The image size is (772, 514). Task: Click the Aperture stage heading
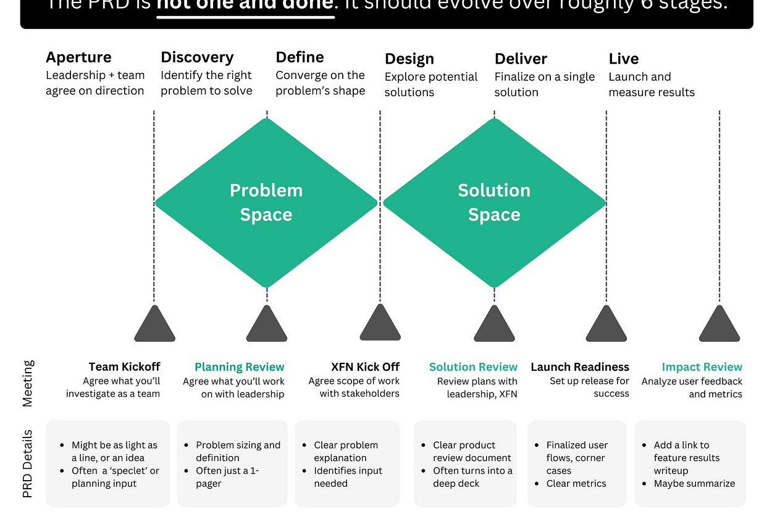78,57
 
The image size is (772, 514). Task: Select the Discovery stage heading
197,57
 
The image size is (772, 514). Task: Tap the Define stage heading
300,57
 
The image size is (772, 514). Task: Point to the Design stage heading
409,59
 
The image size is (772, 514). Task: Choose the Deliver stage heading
521,59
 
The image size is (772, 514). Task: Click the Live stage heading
623,59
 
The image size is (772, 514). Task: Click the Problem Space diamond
266,202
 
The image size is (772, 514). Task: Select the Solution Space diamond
494,202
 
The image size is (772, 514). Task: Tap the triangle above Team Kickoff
154,325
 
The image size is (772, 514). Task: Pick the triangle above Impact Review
720,325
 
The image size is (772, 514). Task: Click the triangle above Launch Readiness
606,325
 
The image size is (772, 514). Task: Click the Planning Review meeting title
239,367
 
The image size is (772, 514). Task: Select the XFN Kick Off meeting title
366,367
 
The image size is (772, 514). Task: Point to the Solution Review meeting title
473,367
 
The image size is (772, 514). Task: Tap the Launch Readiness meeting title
580,367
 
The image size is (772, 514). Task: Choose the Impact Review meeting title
702,367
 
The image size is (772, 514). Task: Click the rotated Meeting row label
28,383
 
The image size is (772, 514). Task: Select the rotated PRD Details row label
28,464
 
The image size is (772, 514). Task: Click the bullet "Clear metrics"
576,484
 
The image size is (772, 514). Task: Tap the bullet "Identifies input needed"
348,477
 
